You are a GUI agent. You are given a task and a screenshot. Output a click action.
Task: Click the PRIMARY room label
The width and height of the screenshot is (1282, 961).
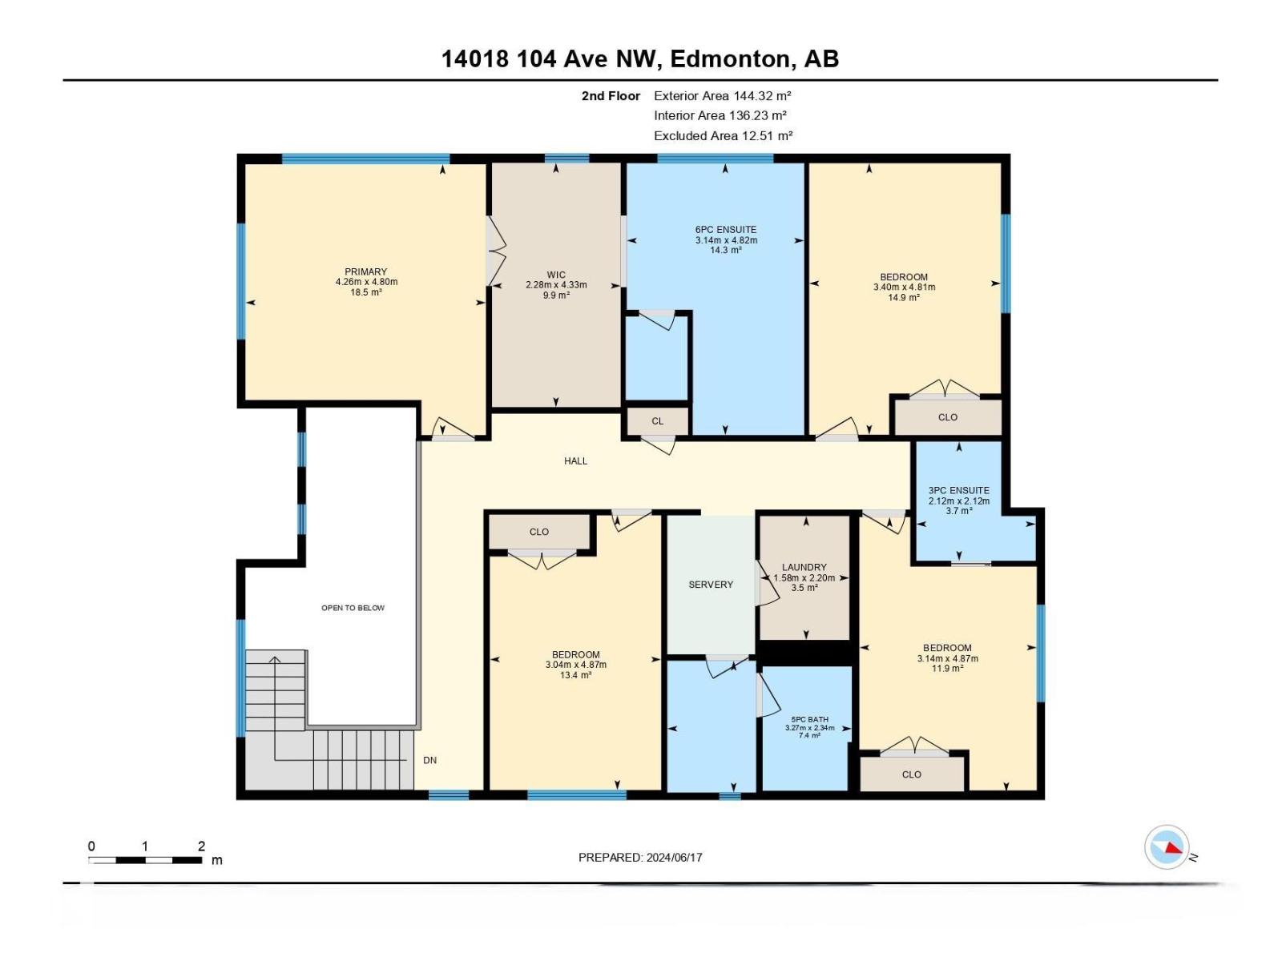(x=366, y=272)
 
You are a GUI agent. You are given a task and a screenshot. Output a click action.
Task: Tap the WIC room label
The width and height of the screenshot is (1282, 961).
(x=556, y=275)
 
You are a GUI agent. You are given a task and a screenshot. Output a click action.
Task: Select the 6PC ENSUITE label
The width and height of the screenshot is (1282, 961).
(x=726, y=230)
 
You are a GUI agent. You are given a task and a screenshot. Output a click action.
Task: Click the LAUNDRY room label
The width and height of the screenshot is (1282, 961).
(x=804, y=567)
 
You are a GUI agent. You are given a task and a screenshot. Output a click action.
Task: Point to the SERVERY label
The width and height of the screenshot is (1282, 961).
(x=711, y=585)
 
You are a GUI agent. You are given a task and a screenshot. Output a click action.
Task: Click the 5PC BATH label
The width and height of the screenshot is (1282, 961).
(x=809, y=720)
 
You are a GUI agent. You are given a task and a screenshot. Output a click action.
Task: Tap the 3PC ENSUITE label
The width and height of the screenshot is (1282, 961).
(x=959, y=491)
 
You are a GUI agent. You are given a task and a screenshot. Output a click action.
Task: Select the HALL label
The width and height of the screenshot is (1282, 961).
(x=575, y=461)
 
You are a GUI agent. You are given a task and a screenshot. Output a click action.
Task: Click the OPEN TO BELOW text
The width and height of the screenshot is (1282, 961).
(x=353, y=608)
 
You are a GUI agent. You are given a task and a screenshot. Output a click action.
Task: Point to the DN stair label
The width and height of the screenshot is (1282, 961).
(x=430, y=760)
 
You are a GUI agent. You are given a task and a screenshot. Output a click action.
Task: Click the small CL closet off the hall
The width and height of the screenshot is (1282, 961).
(x=658, y=421)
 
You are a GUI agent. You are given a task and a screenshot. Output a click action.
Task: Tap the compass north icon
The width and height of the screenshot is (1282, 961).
(x=1167, y=847)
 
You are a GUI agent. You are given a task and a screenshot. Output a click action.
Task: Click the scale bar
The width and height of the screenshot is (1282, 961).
(x=145, y=860)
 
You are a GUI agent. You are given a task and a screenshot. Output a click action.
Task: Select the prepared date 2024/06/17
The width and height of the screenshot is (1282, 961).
(x=673, y=858)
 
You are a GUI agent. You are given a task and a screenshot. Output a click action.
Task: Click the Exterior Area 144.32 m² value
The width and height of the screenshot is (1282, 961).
(x=723, y=95)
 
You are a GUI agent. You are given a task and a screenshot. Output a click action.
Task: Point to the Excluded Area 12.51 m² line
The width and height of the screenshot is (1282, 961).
(x=723, y=136)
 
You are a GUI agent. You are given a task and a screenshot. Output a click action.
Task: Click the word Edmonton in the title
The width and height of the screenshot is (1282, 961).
(x=731, y=59)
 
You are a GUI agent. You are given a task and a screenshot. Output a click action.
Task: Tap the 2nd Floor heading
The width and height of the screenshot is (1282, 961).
(x=611, y=96)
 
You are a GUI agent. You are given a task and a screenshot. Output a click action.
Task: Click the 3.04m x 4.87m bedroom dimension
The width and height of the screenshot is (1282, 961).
(x=575, y=665)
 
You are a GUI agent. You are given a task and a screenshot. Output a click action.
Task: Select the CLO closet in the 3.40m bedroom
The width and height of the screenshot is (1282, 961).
(x=948, y=417)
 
